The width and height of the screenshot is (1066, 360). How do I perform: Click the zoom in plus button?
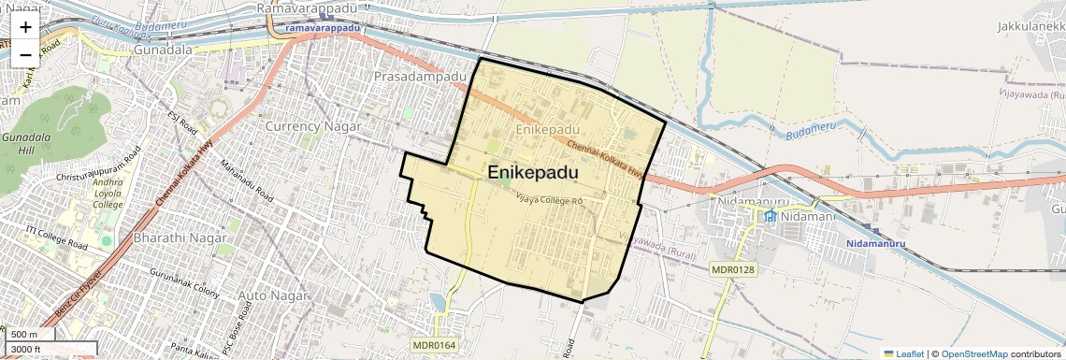[x=25, y=27]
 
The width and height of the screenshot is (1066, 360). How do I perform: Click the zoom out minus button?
[x=25, y=54]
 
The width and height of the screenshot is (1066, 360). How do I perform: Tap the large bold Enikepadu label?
[x=532, y=173]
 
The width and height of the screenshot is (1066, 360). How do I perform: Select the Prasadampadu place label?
[x=419, y=76]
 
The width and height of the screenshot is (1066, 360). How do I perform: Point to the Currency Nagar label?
[x=312, y=126]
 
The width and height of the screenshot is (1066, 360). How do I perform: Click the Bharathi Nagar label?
[x=181, y=238]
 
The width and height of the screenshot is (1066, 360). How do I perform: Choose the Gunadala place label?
[x=163, y=49]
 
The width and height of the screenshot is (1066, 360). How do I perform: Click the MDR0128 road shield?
[x=732, y=270]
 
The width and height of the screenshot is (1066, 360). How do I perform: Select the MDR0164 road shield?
[x=433, y=345]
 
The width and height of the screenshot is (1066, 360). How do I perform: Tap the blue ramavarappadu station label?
[x=323, y=28]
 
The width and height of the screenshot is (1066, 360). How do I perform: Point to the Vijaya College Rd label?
[x=550, y=199]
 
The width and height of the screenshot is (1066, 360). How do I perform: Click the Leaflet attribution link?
[x=903, y=353]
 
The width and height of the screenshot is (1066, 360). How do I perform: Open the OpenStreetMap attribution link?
[x=973, y=353]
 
